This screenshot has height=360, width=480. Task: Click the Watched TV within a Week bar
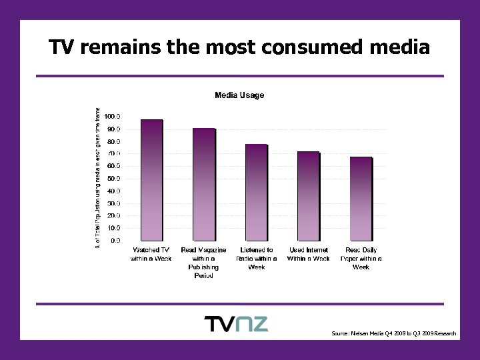tap(151, 180)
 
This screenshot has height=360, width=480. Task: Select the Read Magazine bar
tap(204, 184)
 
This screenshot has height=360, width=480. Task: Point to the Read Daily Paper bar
tap(361, 199)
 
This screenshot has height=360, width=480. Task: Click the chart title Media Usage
tap(239, 95)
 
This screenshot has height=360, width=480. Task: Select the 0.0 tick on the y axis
tap(115, 240)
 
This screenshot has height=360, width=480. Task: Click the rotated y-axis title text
tap(97, 179)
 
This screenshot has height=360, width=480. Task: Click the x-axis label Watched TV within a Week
tap(151, 254)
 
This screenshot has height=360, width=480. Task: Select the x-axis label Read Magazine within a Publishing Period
tap(204, 263)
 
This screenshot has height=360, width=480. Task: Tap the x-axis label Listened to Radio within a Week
tap(256, 258)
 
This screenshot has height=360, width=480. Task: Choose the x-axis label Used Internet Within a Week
tap(308, 254)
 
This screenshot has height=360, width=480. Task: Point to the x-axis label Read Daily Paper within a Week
tap(361, 258)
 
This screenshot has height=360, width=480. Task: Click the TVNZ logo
tap(235, 324)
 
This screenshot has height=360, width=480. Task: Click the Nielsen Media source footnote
tap(393, 333)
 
